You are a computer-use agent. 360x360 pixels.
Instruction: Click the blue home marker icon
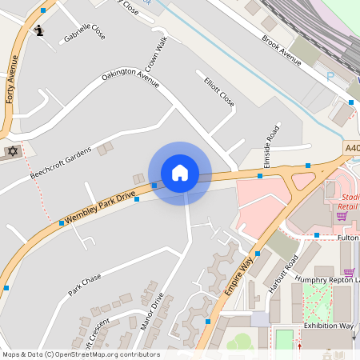(180, 172)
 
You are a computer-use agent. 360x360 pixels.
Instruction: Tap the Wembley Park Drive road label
(101, 206)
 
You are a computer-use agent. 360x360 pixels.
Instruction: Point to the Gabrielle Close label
(85, 33)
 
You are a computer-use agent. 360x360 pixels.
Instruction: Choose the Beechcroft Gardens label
(61, 162)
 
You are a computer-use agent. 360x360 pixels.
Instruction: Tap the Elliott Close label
(219, 92)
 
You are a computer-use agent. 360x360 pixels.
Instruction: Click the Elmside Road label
(272, 142)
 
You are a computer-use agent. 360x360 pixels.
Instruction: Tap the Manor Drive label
(151, 311)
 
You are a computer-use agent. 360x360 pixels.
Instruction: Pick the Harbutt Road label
(283, 274)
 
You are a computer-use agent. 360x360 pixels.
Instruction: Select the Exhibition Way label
(328, 326)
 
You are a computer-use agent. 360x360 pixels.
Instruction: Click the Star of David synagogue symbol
(12, 151)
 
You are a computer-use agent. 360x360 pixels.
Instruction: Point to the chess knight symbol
(40, 31)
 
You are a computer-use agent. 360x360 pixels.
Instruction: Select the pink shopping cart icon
(342, 216)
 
